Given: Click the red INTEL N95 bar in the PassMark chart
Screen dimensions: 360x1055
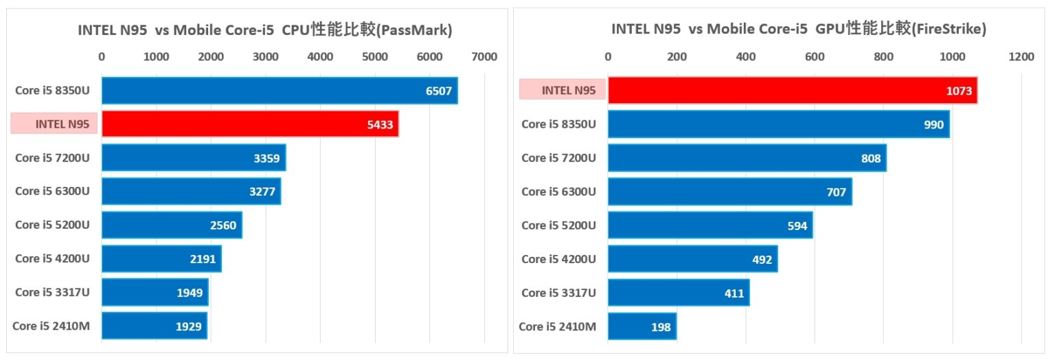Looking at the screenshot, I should tap(250, 124).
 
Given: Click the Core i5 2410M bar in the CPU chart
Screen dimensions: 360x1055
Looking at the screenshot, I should tap(154, 326).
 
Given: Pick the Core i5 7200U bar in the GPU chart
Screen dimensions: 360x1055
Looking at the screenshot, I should tap(747, 158).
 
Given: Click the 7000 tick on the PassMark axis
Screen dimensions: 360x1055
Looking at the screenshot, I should tap(484, 57).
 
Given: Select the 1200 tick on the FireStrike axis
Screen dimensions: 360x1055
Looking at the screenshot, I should tap(1021, 57).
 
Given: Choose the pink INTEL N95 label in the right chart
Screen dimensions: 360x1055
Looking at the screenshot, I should tap(562, 90).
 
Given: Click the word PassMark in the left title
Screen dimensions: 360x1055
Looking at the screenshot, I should tap(416, 30).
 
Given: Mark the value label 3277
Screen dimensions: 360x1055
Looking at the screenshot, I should tap(262, 192).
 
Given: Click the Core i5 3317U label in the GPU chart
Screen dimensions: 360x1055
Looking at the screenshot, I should tap(558, 293).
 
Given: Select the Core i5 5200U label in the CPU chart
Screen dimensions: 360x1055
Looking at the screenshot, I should tap(52, 225).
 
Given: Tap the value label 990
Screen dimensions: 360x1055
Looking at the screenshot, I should tap(933, 124).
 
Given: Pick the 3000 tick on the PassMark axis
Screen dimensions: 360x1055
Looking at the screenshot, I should tap(265, 57).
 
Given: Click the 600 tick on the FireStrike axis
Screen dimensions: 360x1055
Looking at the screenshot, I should tap(814, 57).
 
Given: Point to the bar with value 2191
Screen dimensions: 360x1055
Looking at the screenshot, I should tap(161, 258).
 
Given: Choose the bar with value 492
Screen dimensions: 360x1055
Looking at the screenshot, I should tap(692, 259).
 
